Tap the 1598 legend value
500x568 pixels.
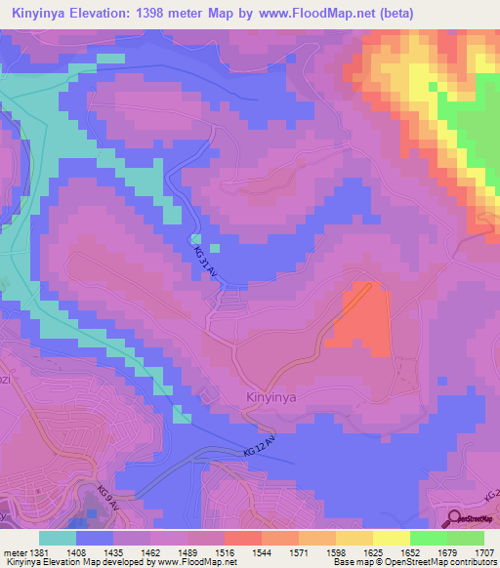click(x=337, y=551)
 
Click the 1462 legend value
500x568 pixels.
click(x=151, y=551)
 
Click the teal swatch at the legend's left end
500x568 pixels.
click(x=57, y=538)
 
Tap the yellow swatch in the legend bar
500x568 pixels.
click(x=391, y=538)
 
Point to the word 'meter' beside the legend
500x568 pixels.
click(x=14, y=551)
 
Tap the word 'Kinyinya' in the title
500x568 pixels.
click(x=36, y=14)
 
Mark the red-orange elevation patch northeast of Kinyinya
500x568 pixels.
click(x=358, y=317)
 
